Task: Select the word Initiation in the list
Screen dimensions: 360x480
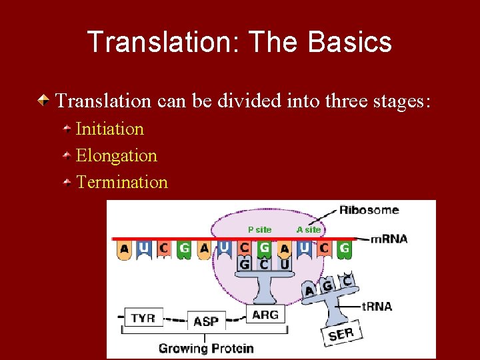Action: coord(110,129)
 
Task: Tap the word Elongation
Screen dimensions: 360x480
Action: coord(117,155)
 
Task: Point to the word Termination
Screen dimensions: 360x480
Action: coord(122,182)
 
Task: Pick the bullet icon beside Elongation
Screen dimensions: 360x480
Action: coord(67,155)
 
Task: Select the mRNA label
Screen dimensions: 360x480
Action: coord(389,239)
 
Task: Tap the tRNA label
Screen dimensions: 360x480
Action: coord(377,307)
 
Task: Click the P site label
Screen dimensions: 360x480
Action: coord(260,229)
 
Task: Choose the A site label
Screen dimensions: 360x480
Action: coord(309,229)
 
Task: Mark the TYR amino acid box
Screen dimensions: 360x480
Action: coord(143,318)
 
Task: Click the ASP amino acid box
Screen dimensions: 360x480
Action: coord(206,321)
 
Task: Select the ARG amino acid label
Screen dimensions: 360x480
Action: coord(265,315)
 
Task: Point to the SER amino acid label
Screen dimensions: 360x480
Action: coord(341,333)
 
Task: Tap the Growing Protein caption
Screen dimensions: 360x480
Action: coord(206,348)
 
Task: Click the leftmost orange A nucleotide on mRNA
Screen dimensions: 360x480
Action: coord(123,250)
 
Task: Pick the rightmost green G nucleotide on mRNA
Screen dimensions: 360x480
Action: coord(344,249)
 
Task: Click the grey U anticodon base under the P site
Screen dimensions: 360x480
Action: coord(285,264)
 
